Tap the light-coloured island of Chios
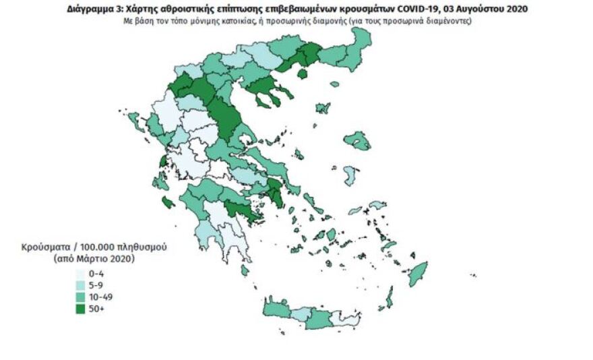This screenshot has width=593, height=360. pos(350,175)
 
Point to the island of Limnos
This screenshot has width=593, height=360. pos(322,108)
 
